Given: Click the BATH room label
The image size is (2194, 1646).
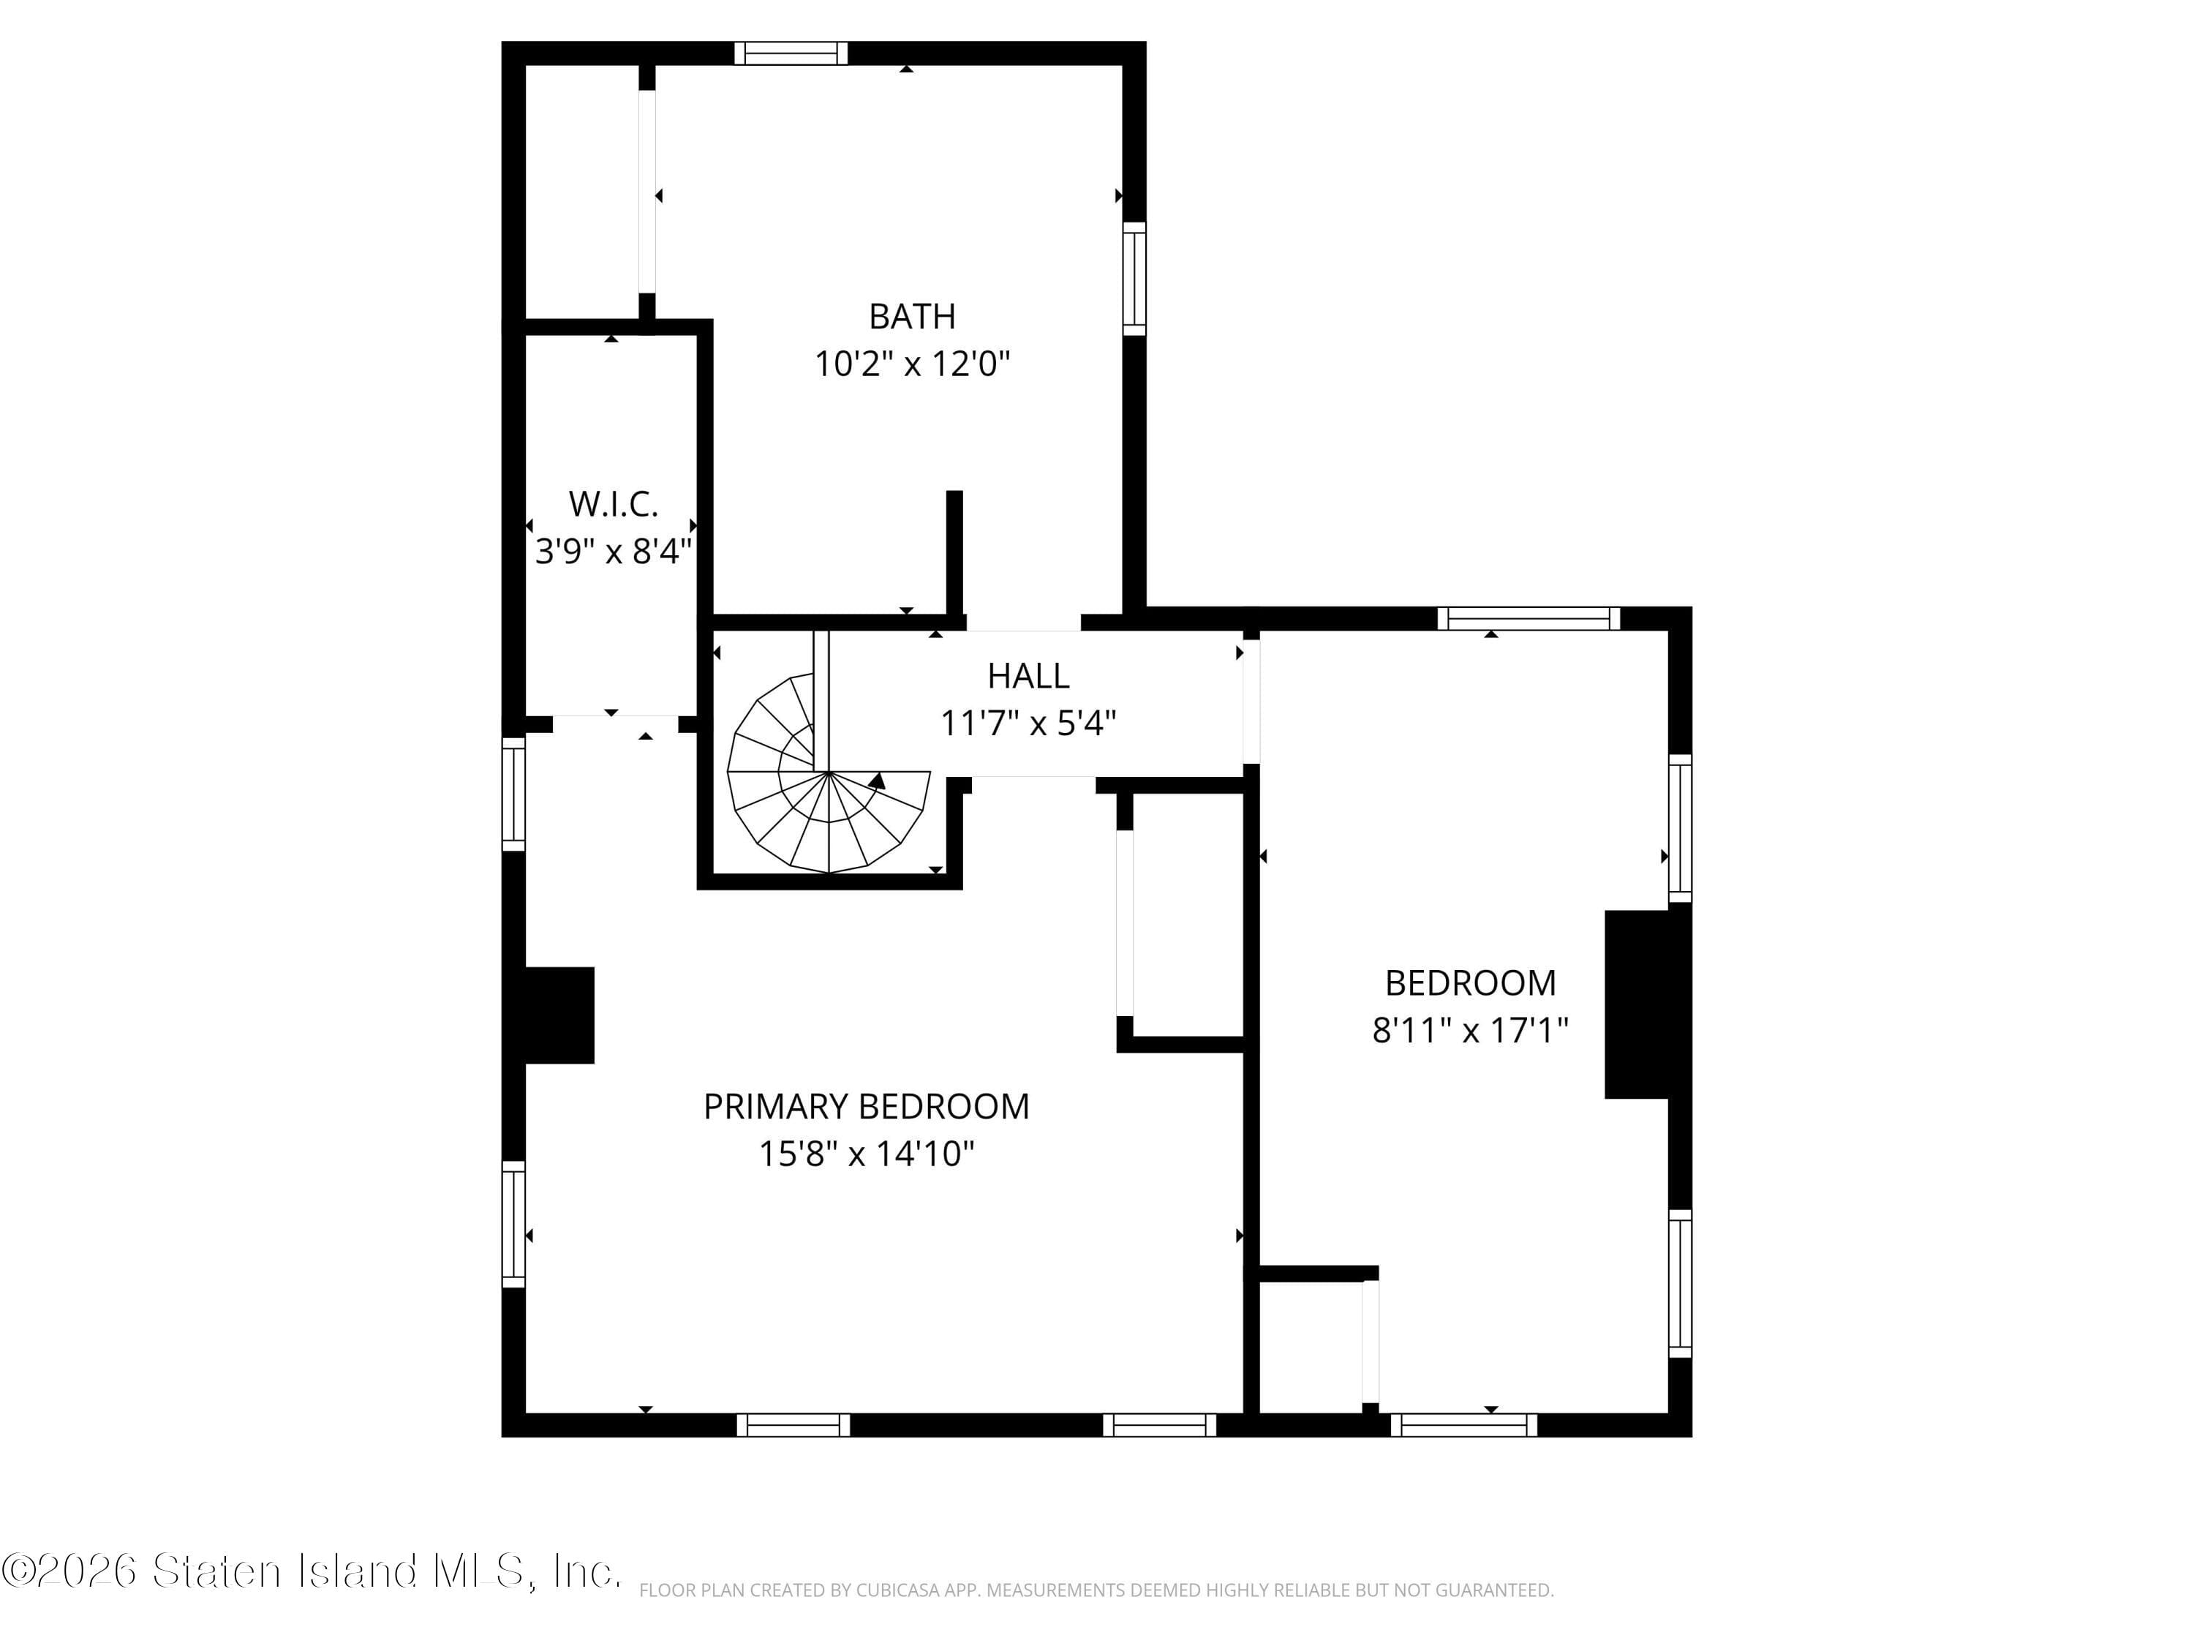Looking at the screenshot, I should [911, 317].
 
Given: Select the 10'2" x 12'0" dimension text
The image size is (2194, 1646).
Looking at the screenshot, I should [911, 364].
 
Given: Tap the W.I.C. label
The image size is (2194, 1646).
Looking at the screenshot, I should [613, 504].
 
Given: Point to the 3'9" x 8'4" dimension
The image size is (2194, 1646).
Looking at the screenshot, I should [613, 552].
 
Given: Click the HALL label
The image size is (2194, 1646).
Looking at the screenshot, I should [1028, 676].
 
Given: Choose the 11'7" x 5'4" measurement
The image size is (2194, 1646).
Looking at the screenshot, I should [1028, 724].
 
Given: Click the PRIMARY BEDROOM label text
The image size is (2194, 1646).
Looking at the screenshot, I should [866, 1106].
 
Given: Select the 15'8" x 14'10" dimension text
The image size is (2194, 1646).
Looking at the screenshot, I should [866, 1154].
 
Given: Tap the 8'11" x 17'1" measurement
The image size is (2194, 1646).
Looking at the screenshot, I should [1470, 1031].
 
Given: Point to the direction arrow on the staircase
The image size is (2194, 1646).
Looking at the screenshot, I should [876, 781].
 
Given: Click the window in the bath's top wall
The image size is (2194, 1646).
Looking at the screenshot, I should [791, 53].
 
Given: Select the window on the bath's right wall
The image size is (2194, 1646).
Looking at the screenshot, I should [1134, 279].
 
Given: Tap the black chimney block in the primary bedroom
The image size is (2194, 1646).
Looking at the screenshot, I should [559, 1015].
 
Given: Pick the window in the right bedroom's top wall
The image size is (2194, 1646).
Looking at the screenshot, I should [1528, 618].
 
